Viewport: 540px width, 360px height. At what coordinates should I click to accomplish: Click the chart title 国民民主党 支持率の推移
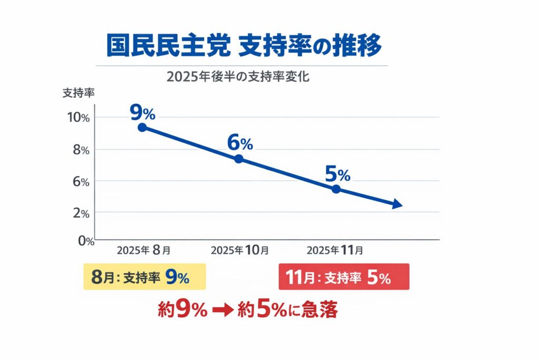pos(244,46)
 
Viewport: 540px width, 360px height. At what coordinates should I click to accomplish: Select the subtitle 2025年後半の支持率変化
pos(237,76)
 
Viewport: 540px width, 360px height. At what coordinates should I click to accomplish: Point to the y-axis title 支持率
pos(79,93)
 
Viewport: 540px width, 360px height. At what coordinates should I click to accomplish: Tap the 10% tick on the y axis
pos(79,117)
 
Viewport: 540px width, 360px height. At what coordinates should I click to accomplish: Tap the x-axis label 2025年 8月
pos(143,250)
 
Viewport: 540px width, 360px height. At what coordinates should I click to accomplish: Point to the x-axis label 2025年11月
pos(334,250)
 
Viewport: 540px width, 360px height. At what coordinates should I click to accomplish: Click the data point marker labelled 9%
pos(142,127)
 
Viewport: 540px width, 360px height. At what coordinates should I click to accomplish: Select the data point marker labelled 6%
pos(238,159)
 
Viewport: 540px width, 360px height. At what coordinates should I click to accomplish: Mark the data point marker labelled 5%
pos(336,189)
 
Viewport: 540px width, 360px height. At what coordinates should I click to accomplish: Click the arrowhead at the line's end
pos(398,205)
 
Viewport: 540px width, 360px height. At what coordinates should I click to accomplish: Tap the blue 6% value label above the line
pos(240,142)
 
